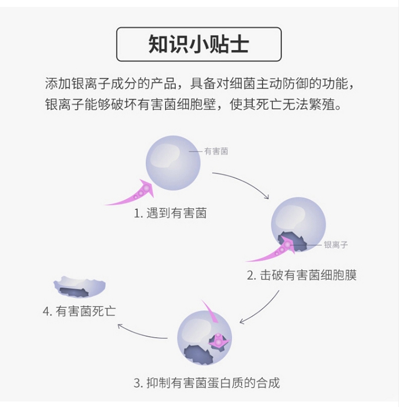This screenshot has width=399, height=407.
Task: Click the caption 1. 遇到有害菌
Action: click(x=170, y=214)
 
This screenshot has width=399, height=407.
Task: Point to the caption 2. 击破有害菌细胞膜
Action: click(x=301, y=275)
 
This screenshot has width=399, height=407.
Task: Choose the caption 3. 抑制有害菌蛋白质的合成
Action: click(x=206, y=382)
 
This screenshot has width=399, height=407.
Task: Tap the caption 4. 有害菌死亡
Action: click(x=79, y=311)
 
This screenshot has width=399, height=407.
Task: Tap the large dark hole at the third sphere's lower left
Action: click(x=198, y=353)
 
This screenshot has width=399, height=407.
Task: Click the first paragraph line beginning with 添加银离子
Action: click(x=198, y=84)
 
